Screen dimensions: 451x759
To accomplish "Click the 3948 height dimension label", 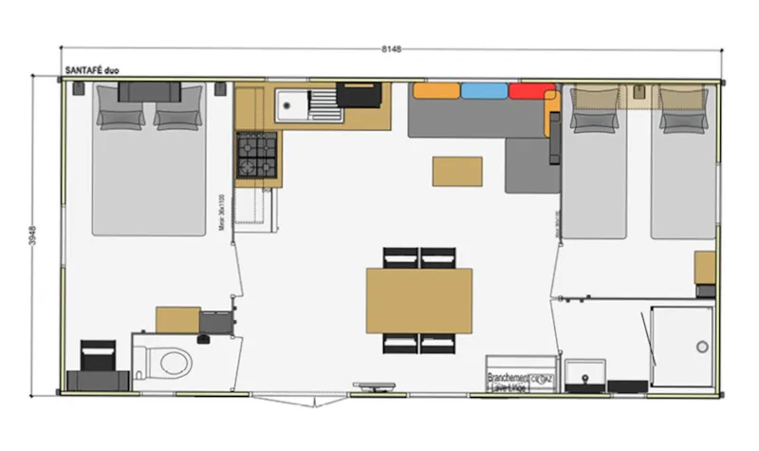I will tap(34, 235).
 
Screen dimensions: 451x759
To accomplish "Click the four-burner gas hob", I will tap(256, 155).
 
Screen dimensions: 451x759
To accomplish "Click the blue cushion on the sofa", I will tap(484, 91).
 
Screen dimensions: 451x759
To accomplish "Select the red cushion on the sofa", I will tap(531, 92).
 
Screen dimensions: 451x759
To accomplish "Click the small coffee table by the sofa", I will tap(456, 171).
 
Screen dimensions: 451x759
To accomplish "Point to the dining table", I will tap(419, 300).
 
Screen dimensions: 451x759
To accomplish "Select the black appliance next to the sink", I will tap(361, 95).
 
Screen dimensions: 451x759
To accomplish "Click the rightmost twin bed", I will tap(683, 161).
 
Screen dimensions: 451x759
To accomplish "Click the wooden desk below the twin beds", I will tap(705, 269).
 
